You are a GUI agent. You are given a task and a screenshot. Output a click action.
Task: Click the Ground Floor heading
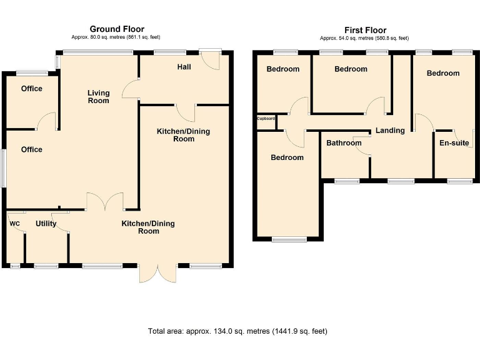(117, 29)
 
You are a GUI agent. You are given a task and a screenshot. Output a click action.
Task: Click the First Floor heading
(365, 30)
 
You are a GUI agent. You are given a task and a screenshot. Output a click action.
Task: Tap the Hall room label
(184, 67)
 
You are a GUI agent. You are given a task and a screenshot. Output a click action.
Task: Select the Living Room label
(99, 97)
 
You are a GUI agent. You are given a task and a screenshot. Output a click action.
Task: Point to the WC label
(15, 224)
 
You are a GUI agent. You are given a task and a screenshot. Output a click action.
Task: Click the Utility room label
(46, 224)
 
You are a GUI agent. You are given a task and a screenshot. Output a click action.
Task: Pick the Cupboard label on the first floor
(266, 119)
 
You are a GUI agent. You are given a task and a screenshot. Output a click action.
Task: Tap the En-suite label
(454, 143)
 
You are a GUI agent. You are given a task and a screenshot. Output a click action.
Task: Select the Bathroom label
(344, 143)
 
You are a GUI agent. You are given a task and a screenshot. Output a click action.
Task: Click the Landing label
(390, 131)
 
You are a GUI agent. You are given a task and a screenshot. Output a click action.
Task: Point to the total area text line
(237, 331)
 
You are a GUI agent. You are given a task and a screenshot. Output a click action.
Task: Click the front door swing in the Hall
(210, 60)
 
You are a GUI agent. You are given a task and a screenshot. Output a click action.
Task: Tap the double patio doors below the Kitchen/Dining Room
(158, 272)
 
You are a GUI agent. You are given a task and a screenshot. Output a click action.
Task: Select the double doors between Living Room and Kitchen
(105, 201)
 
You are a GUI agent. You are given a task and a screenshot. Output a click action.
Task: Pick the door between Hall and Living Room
(131, 89)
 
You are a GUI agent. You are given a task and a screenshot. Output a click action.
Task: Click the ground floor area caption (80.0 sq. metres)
(116, 37)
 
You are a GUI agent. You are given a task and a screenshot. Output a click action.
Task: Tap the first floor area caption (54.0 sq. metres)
(364, 38)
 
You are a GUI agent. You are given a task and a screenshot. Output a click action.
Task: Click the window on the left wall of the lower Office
(3, 168)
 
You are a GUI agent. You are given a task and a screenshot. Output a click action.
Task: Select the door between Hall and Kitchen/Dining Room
(186, 113)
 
